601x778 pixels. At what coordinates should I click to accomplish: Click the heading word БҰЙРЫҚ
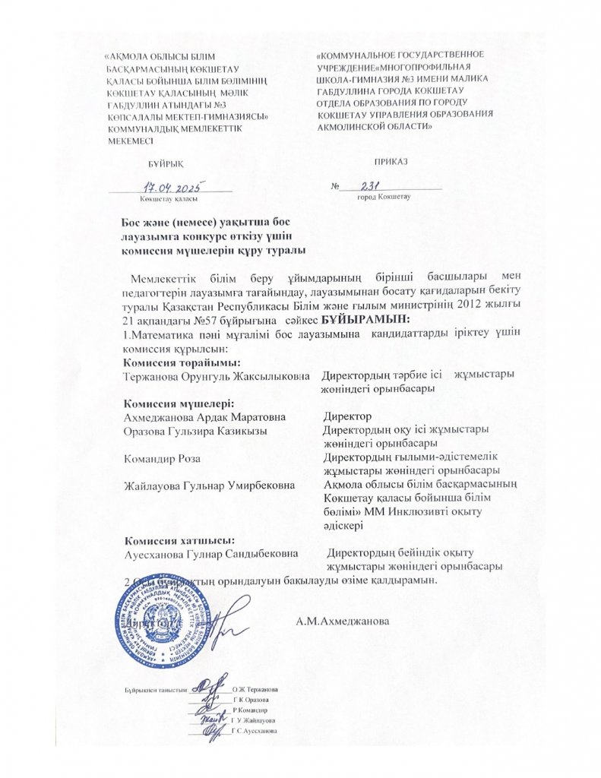click(165, 163)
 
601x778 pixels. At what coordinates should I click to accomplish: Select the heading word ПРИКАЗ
click(391, 161)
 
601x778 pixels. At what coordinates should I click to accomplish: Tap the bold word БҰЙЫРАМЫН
click(365, 318)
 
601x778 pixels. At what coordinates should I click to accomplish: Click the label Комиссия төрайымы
click(171, 362)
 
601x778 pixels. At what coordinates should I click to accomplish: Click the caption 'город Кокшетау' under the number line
click(383, 197)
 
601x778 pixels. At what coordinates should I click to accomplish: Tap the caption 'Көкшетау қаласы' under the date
click(169, 198)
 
